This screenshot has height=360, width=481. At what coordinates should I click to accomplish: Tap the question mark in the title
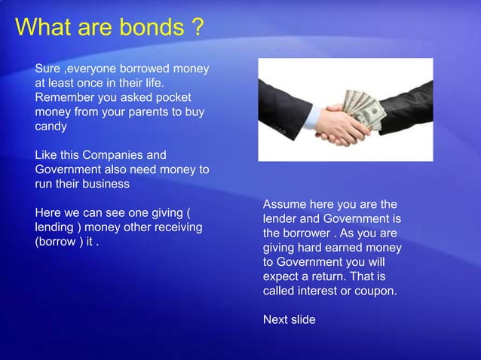[197, 28]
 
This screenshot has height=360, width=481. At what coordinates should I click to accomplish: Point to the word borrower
[312, 233]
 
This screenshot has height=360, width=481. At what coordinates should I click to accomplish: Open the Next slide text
[289, 319]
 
